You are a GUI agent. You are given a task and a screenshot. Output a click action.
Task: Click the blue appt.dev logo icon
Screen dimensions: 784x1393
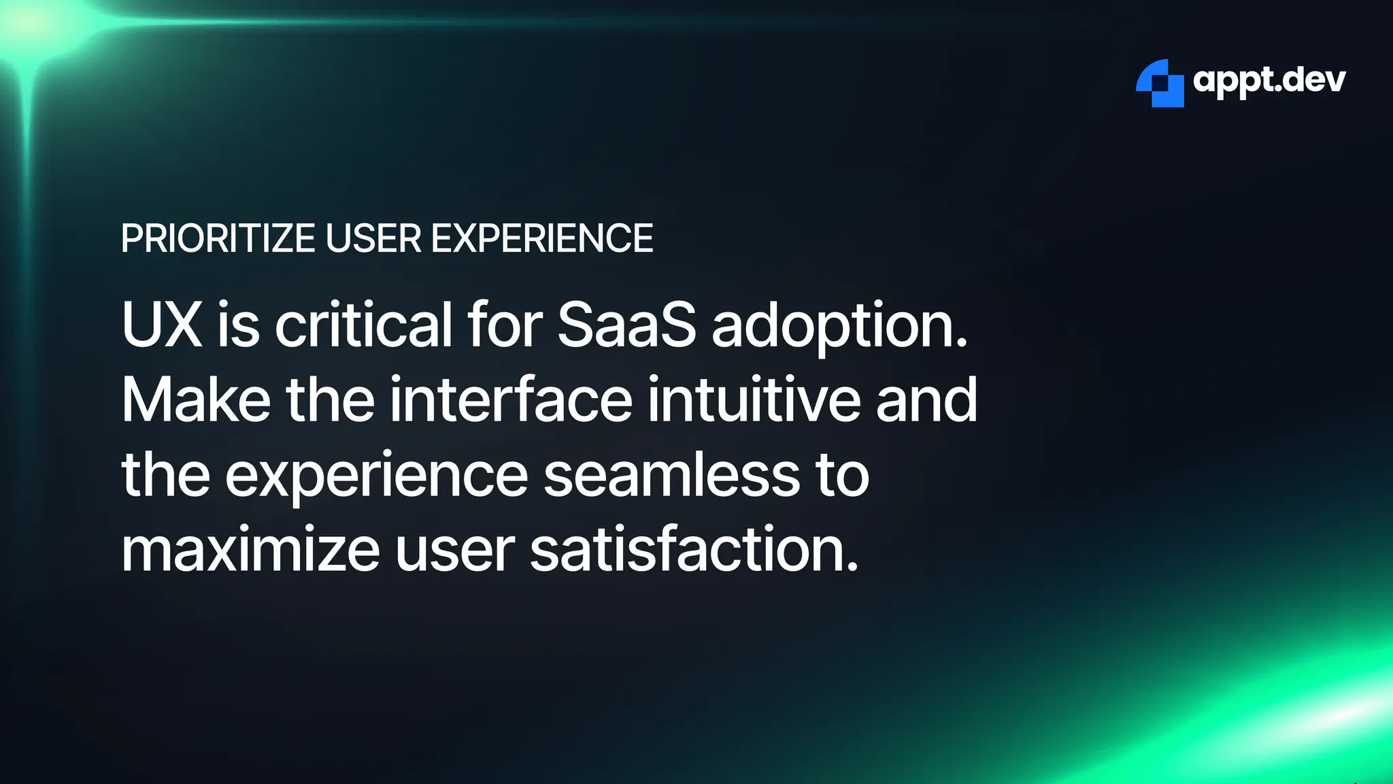pos(1160,83)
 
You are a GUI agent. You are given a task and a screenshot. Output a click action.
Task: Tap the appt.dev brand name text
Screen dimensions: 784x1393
pos(1269,81)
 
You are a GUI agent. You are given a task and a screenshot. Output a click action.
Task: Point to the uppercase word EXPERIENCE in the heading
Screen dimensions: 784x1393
pos(542,238)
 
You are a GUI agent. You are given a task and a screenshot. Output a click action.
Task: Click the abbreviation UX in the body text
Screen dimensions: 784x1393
pos(162,325)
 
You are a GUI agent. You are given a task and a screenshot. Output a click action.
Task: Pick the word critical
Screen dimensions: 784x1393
pos(363,325)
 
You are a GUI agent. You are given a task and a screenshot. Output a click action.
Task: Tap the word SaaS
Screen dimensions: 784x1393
pos(626,325)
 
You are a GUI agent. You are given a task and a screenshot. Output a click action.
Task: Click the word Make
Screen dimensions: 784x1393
pos(196,400)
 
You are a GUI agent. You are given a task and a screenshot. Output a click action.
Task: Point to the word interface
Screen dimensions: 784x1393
pos(511,400)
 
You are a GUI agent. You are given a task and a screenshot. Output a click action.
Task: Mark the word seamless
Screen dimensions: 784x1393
pos(672,475)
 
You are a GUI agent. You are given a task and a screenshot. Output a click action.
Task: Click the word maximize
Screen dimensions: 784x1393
pos(250,550)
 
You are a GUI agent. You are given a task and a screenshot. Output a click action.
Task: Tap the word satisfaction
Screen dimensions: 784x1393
pos(694,550)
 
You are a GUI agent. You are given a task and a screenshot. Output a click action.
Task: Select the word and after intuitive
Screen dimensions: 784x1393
pos(926,400)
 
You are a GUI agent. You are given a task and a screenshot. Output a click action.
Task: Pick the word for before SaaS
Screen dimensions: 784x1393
pos(504,325)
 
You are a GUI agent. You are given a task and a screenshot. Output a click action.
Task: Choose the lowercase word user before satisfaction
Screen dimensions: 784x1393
pos(455,550)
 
